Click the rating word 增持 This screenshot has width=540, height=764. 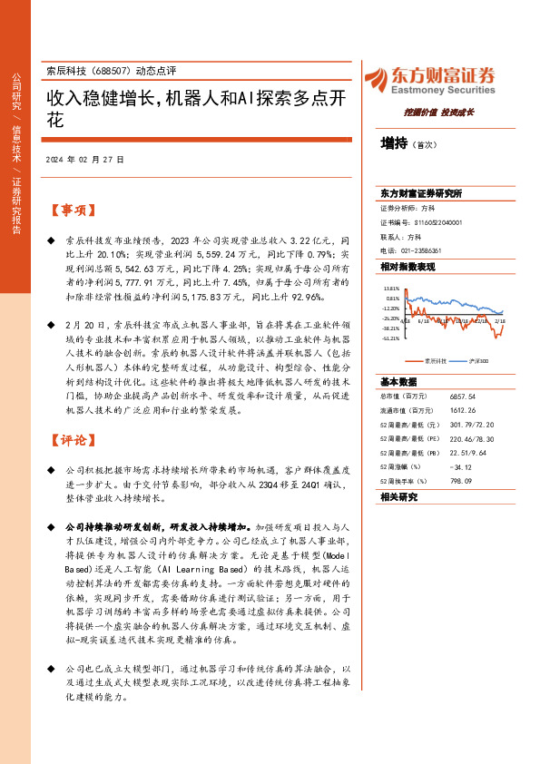pyautogui.click(x=394, y=142)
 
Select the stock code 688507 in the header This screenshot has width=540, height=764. pyautogui.click(x=108, y=72)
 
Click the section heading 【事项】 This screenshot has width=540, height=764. pyautogui.click(x=72, y=211)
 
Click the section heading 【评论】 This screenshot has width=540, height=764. pyautogui.click(x=72, y=440)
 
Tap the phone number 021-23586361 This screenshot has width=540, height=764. pyautogui.click(x=422, y=250)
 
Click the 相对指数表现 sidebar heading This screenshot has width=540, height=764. pyautogui.click(x=407, y=267)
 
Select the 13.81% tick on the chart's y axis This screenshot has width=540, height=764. pyautogui.click(x=390, y=288)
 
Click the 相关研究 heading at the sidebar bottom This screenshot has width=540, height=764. pyautogui.click(x=398, y=496)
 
